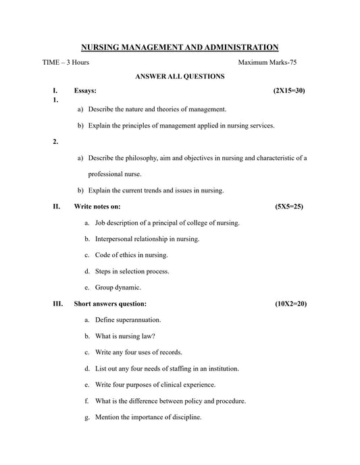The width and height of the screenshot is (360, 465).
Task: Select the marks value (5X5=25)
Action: pos(289,206)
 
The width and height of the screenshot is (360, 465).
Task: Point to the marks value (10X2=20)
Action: pos(290,304)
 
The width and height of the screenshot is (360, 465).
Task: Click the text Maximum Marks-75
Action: pos(267,62)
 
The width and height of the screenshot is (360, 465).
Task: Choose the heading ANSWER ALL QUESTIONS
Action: pos(180,76)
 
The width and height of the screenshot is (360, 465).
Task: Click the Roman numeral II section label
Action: pos(56,206)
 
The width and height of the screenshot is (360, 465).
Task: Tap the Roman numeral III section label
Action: pos(57,304)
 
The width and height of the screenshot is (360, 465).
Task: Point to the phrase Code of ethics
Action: pos(117,255)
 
